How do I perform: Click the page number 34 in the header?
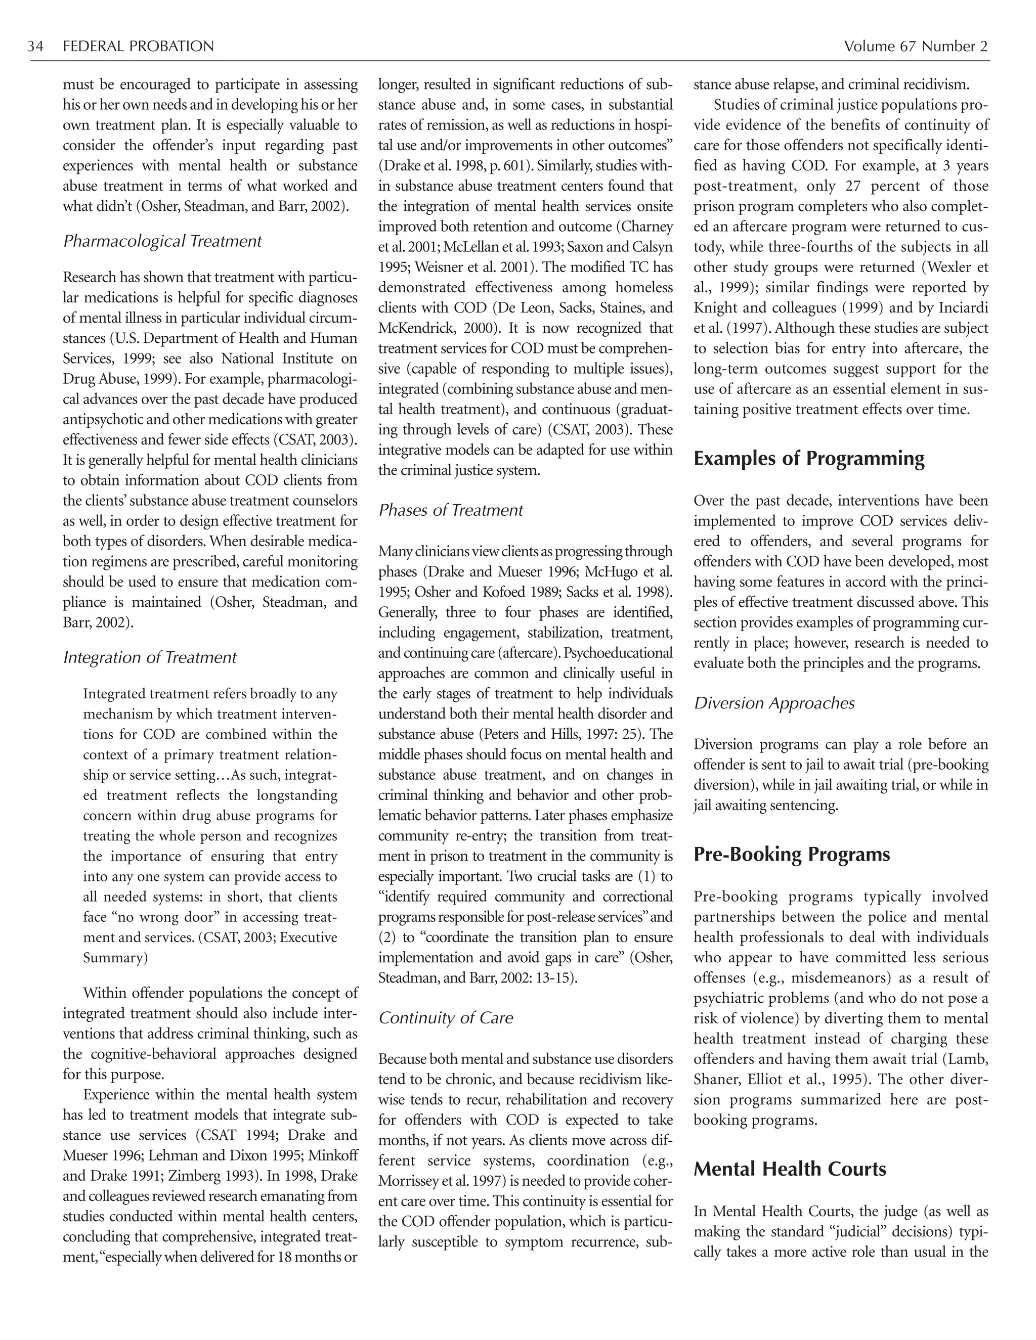[35, 47]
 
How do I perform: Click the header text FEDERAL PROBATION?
[138, 47]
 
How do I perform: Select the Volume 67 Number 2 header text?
[916, 47]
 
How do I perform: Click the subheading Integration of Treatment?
[150, 658]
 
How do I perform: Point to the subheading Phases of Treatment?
[451, 511]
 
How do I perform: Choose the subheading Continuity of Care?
[446, 1018]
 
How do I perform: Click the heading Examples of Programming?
[808, 459]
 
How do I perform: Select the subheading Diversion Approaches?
[774, 703]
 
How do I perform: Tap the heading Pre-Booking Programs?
[791, 855]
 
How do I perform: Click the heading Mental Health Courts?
[789, 1170]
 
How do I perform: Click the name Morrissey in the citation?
[408, 1181]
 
